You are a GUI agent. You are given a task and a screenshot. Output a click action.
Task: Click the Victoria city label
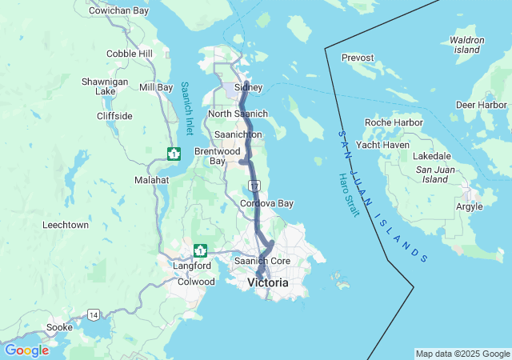coord(268,283)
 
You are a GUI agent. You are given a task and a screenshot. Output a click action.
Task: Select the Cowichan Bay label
coord(118,10)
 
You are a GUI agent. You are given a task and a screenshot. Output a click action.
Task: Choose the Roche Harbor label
coord(394,122)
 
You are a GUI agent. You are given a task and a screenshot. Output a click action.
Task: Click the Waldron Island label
coord(467,44)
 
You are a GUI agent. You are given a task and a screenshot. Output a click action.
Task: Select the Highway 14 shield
coord(94,314)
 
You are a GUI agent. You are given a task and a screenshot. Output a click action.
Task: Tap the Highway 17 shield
coord(254,186)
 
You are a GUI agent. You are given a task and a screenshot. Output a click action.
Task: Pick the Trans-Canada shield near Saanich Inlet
coord(174,153)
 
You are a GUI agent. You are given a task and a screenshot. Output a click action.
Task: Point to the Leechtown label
coord(66,225)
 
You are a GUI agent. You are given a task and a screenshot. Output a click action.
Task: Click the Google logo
coord(26,350)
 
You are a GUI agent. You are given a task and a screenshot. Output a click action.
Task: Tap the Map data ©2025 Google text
coord(462,354)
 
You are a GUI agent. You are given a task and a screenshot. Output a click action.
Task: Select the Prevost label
coord(358,58)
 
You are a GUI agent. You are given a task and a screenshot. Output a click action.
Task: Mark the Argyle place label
coord(469,206)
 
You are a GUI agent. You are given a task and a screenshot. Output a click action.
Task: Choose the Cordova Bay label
coord(266,203)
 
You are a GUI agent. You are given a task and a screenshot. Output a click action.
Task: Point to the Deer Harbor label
coord(481,105)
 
